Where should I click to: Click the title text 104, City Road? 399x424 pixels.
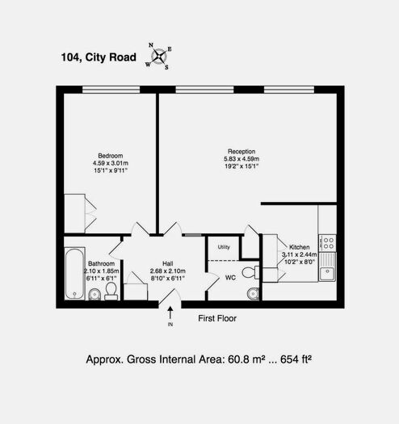click(99, 57)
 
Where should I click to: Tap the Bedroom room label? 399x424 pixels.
click(111, 155)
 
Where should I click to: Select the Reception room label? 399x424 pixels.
click(241, 151)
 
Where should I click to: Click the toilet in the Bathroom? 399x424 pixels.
click(111, 289)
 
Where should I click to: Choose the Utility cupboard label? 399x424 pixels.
click(224, 246)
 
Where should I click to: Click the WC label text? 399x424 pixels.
click(229, 279)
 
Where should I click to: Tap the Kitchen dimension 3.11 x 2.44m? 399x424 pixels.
click(298, 254)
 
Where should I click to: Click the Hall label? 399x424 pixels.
click(168, 263)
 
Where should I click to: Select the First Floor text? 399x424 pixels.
click(217, 319)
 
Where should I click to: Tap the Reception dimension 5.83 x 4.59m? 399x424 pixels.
click(241, 159)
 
